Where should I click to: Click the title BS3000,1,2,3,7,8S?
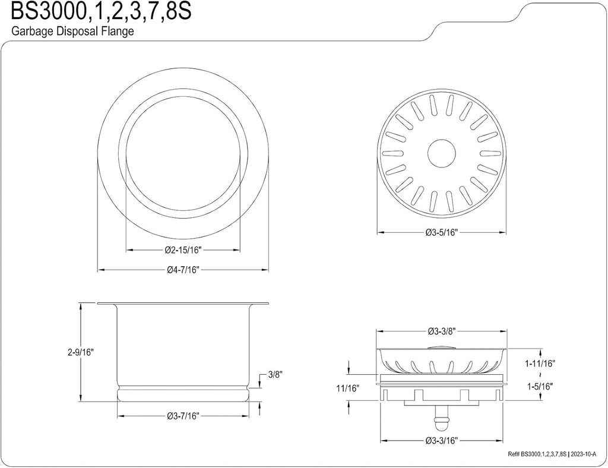tap(102, 12)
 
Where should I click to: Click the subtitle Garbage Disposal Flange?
tap(72, 31)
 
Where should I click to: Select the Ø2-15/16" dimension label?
tap(183, 250)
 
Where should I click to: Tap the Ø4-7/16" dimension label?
tap(183, 270)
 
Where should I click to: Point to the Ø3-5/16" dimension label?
tap(442, 232)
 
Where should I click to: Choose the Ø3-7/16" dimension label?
tap(183, 416)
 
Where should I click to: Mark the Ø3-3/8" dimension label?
tap(442, 331)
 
